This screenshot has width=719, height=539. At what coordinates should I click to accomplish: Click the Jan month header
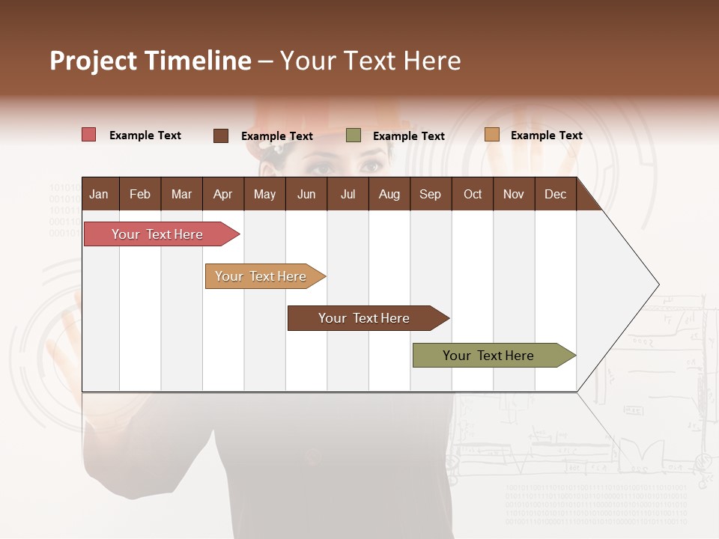pos(99,194)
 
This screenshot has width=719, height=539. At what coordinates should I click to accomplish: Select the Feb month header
pos(140,194)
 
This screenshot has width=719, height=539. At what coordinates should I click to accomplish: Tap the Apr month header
pos(222,194)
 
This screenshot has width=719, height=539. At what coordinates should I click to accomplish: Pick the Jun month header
pos(306,194)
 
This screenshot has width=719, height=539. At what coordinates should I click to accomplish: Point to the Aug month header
pos(389,194)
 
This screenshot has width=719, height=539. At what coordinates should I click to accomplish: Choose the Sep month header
pos(430,194)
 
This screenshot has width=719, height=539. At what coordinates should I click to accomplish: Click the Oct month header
pos(473,194)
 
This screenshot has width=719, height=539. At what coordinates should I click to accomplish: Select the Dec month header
pos(555,194)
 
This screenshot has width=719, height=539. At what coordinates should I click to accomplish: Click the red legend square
pos(89,135)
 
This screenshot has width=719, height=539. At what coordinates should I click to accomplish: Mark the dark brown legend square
pos(221,135)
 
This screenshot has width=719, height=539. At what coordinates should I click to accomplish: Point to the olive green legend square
pos(354,135)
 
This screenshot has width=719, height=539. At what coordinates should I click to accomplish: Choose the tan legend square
pos(491,135)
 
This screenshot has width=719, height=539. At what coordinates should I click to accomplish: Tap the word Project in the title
pos(94,61)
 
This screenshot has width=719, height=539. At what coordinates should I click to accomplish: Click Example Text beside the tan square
pos(546,135)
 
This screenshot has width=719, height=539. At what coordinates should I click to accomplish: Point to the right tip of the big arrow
pos(658,284)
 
